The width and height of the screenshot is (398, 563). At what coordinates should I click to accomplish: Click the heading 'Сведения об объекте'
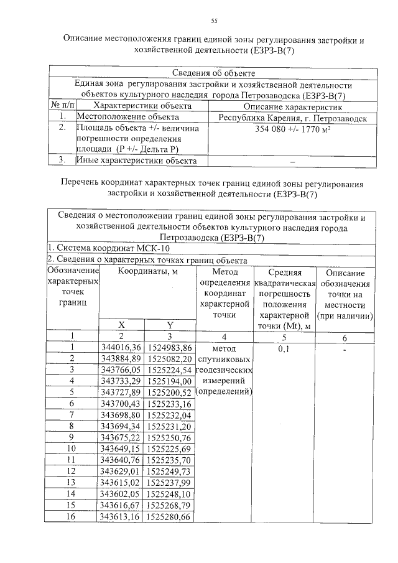[x=214, y=74]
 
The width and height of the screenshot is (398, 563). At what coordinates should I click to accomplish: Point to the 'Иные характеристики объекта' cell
[x=136, y=161]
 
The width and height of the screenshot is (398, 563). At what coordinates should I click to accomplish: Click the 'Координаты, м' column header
[x=147, y=272]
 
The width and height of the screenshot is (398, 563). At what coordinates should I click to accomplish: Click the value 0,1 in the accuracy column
[x=283, y=349]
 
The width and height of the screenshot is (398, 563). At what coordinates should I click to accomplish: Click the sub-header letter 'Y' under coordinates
[x=170, y=325]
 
